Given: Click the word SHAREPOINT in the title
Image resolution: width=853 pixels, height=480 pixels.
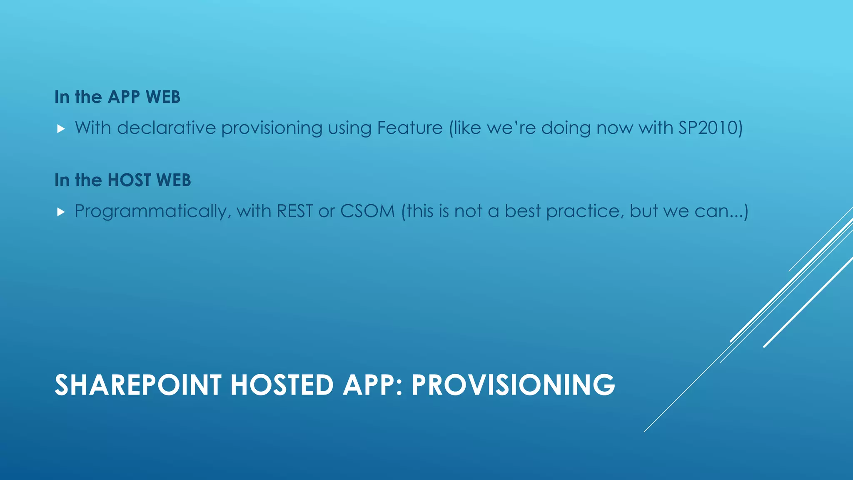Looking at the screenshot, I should [x=138, y=385].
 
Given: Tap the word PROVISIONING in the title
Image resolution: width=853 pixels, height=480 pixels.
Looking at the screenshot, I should [x=513, y=385].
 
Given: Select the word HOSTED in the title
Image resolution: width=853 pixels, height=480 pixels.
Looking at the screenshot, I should [x=282, y=385].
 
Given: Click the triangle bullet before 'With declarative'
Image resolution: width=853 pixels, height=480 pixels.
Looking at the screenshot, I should [x=61, y=129].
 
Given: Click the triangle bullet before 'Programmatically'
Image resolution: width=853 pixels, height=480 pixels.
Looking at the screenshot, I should [x=61, y=212].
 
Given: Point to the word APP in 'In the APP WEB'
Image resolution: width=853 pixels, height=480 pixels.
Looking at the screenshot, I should [x=124, y=97].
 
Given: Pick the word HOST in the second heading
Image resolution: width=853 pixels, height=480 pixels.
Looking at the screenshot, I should [x=129, y=180].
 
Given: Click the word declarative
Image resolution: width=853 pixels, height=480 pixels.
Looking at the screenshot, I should [x=166, y=128].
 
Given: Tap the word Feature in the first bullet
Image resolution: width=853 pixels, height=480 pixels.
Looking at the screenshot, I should [x=409, y=128].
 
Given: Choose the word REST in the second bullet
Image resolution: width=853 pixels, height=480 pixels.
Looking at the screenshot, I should [x=294, y=211].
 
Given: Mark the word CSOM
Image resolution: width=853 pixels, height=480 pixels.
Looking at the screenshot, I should [x=367, y=211].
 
